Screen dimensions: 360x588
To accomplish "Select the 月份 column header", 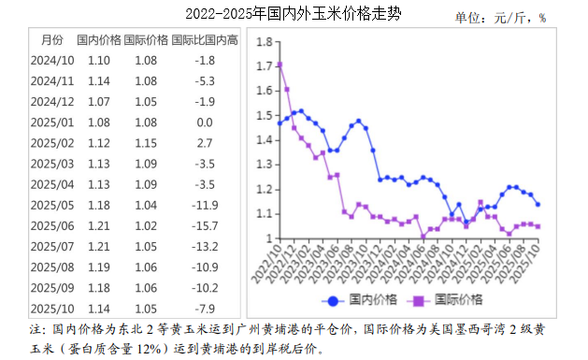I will (52, 40).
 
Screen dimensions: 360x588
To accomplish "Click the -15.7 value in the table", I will (205, 226).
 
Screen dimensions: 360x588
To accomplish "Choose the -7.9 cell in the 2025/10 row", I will (205, 309).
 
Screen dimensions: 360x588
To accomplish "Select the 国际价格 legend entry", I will (448, 300).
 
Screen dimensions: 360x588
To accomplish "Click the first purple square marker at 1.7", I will (280, 65).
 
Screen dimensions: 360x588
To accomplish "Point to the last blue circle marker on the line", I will (538, 204).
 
